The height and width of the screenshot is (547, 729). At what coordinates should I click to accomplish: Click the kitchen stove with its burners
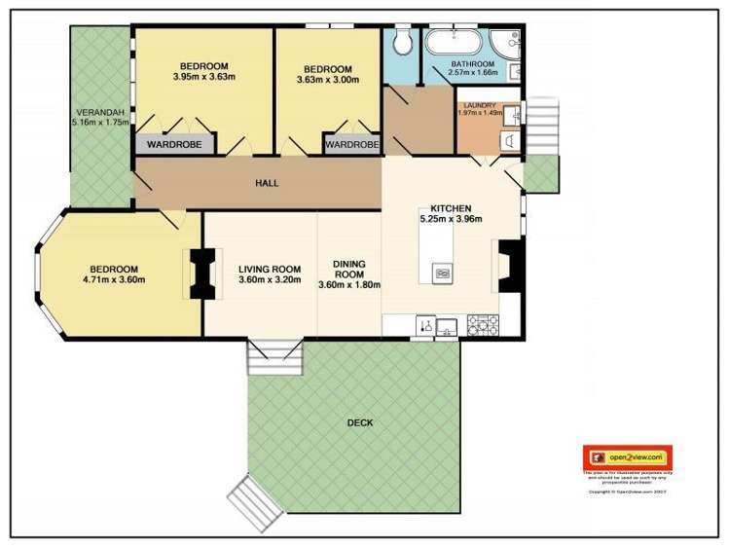(x=483, y=323)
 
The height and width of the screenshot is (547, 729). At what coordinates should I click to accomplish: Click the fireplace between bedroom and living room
(x=202, y=273)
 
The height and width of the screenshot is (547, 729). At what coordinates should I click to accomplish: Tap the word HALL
(x=267, y=183)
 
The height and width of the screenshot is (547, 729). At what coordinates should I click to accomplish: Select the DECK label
(x=360, y=422)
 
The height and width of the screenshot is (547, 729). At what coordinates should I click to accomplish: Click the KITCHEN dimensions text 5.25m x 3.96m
(x=450, y=219)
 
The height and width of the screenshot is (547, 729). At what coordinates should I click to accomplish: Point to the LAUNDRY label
(x=480, y=105)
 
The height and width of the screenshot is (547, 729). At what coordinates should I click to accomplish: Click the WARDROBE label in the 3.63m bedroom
(x=350, y=145)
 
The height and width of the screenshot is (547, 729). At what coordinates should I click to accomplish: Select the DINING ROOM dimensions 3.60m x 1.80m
(x=348, y=284)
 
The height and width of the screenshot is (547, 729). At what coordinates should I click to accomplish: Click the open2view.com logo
(x=628, y=456)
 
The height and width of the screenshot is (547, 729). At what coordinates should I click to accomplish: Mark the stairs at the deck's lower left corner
(x=256, y=502)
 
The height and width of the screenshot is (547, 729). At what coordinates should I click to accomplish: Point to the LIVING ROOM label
(x=270, y=270)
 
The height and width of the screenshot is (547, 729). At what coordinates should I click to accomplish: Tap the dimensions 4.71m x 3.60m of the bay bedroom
(x=114, y=280)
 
